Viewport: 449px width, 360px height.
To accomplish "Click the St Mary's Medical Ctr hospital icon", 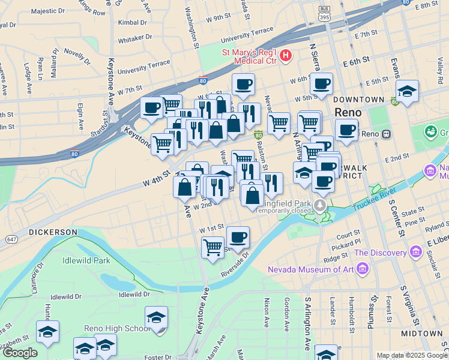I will tap(286, 56).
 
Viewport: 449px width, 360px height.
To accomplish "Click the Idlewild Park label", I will tap(86, 261).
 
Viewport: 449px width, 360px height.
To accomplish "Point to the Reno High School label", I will tap(125, 328).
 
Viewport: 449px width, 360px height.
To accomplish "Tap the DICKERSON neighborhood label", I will tap(53, 232).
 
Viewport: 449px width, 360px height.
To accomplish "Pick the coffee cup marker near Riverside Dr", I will tap(238, 236).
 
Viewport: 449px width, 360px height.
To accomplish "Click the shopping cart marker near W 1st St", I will tap(212, 246).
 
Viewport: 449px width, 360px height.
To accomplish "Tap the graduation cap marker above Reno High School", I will tap(156, 316).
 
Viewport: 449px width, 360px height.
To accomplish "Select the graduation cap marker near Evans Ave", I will tap(408, 91).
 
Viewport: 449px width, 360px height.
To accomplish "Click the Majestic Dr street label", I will tap(47, 11).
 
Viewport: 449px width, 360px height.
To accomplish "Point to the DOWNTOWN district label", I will tap(359, 99).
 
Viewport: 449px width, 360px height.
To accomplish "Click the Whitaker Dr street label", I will tap(135, 37).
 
